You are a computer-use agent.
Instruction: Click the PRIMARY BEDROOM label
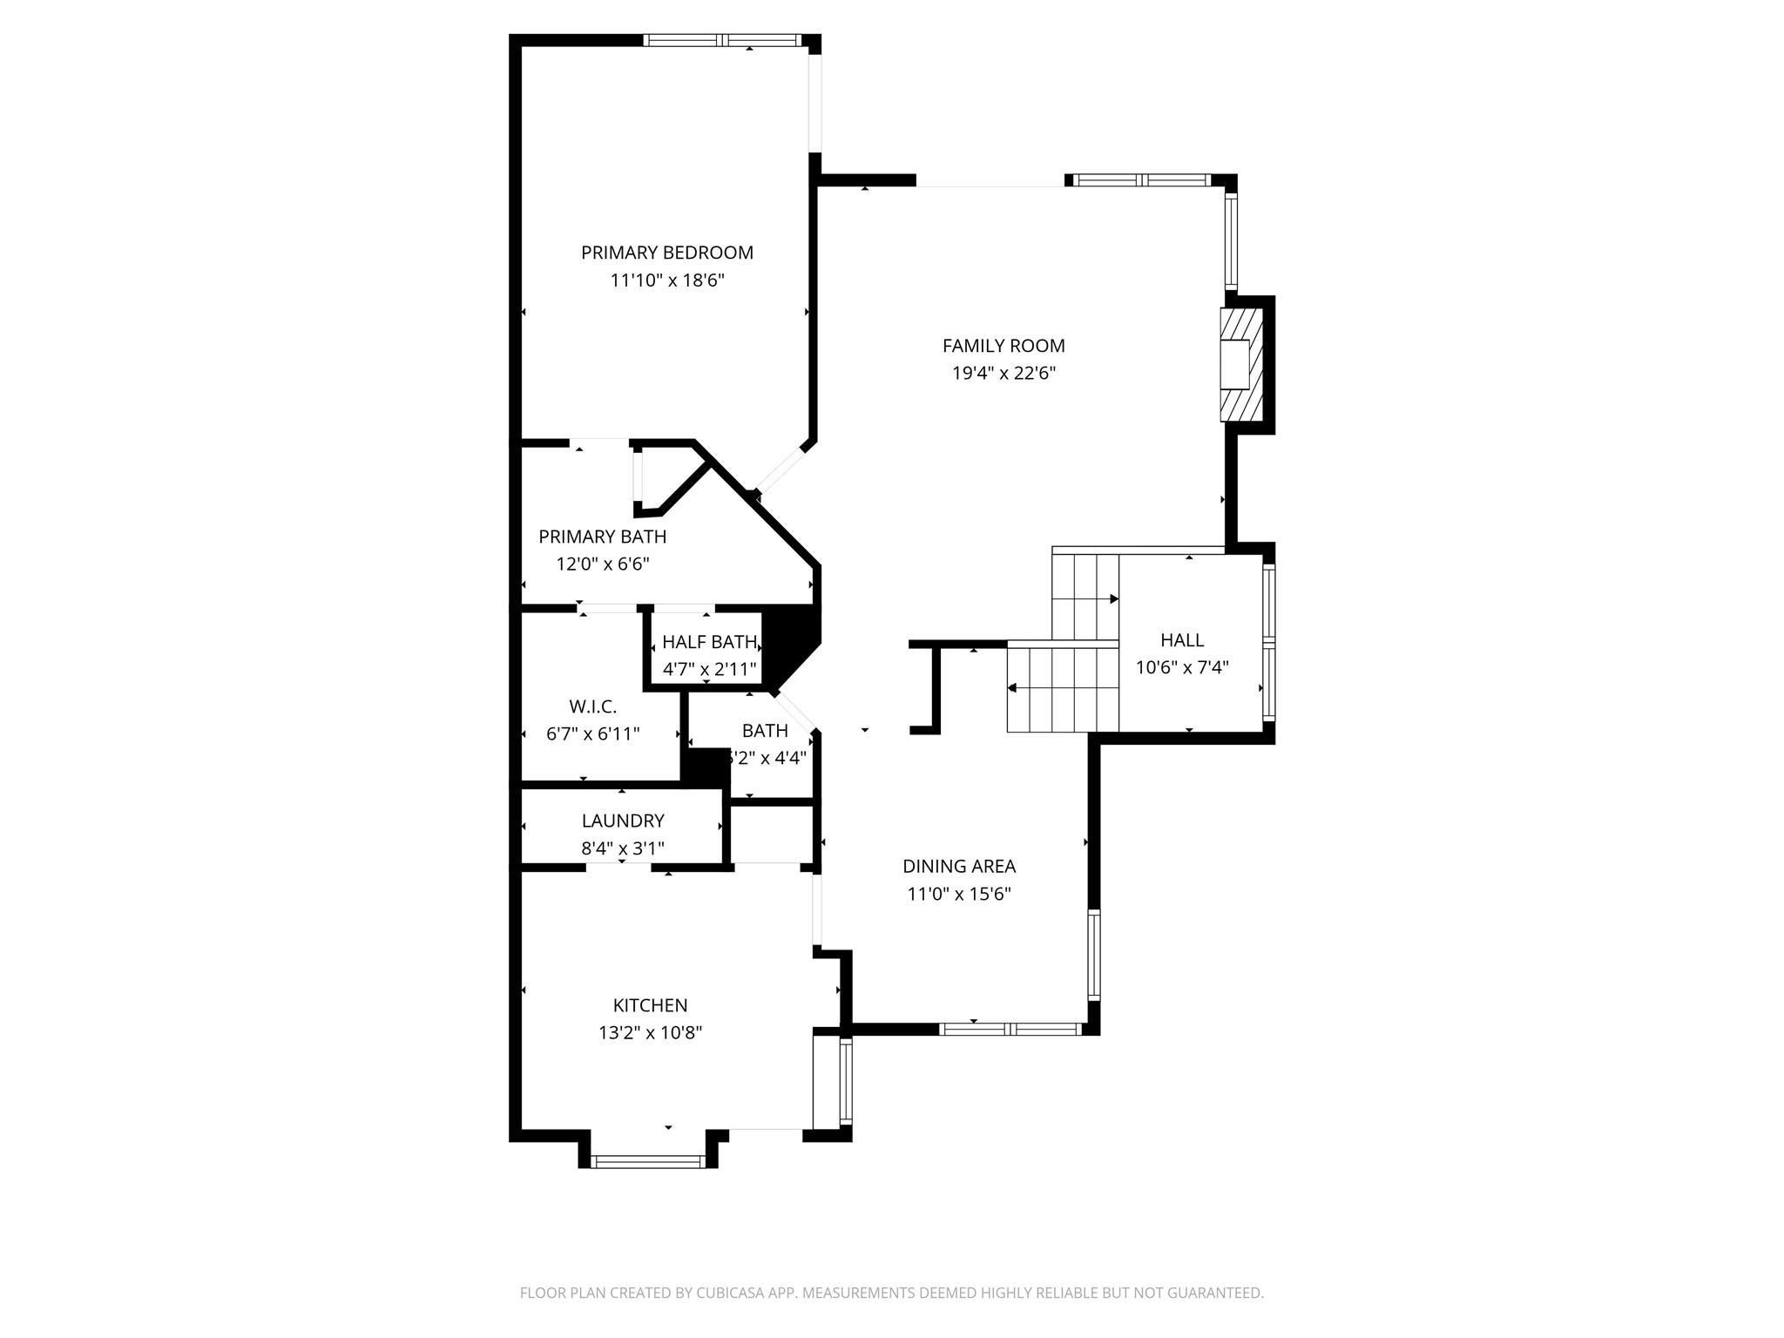tap(666, 253)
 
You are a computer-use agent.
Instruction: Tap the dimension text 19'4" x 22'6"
tap(1003, 374)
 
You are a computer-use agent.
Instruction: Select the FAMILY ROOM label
tap(1003, 346)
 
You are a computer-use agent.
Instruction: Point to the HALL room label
tap(1182, 640)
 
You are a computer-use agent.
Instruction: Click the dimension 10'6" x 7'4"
tap(1182, 668)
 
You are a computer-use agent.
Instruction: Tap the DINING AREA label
tap(958, 866)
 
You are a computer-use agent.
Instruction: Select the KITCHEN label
tap(650, 1005)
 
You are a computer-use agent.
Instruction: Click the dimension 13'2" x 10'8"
tap(650, 1033)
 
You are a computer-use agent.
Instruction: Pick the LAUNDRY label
tap(623, 821)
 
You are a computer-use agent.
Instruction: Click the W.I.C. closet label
tap(592, 706)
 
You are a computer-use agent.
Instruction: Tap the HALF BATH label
tap(709, 642)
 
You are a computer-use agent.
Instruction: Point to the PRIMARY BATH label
tap(602, 537)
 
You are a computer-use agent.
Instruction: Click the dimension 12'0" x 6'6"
tap(602, 564)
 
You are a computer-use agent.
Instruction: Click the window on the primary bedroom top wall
tap(722, 40)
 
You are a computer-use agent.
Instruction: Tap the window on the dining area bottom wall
tap(1010, 1029)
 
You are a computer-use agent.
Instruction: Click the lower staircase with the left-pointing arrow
tap(1062, 688)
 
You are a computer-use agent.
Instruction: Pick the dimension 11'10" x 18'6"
tap(666, 280)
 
